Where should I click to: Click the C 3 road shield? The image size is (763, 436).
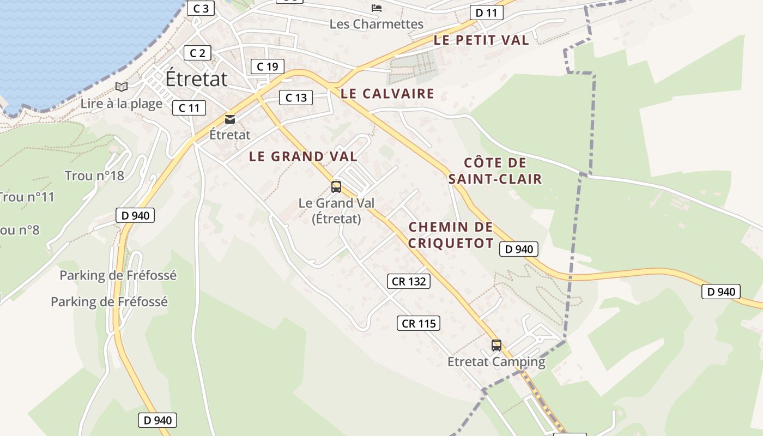(x=201, y=8)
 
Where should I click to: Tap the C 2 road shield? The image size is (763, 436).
(x=197, y=53)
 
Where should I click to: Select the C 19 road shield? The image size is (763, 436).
(x=267, y=66)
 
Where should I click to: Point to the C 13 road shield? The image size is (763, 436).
(x=296, y=98)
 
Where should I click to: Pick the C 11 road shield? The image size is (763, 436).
(x=189, y=108)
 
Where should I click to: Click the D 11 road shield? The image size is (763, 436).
(x=486, y=13)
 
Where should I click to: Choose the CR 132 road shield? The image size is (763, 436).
(x=409, y=281)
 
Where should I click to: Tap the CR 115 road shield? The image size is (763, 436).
(x=418, y=323)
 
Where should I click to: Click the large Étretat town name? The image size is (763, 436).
(x=196, y=79)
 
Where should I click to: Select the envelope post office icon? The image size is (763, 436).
(x=230, y=119)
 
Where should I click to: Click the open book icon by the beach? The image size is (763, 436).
(x=122, y=87)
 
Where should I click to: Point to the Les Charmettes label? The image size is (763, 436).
(x=377, y=24)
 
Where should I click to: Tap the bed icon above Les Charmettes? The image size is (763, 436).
(x=376, y=8)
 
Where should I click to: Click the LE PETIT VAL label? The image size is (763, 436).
(x=481, y=40)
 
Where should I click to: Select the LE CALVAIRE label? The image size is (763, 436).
(x=387, y=94)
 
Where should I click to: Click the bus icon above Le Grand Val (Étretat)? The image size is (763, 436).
(x=336, y=187)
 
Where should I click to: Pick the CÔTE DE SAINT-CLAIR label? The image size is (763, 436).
(x=495, y=171)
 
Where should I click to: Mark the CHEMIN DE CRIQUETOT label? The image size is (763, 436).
(x=451, y=235)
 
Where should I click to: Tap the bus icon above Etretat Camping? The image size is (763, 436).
(x=496, y=345)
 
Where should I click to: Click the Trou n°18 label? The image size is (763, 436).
(x=94, y=175)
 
